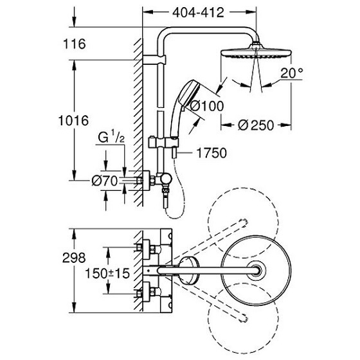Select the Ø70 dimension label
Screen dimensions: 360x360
point(104,181)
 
